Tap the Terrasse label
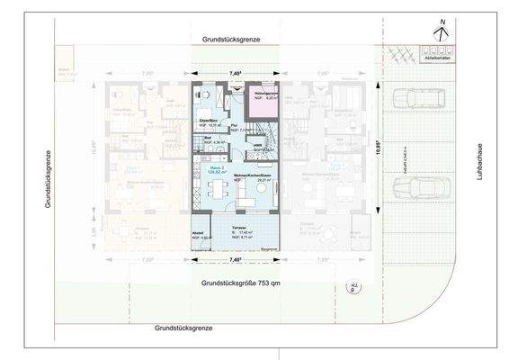[x=238, y=229]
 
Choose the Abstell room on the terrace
[x=201, y=238]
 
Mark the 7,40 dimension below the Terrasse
[x=237, y=260]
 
